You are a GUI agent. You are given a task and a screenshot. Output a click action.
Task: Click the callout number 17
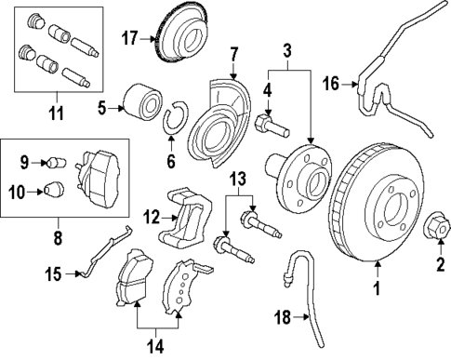pyautogui.click(x=129, y=38)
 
